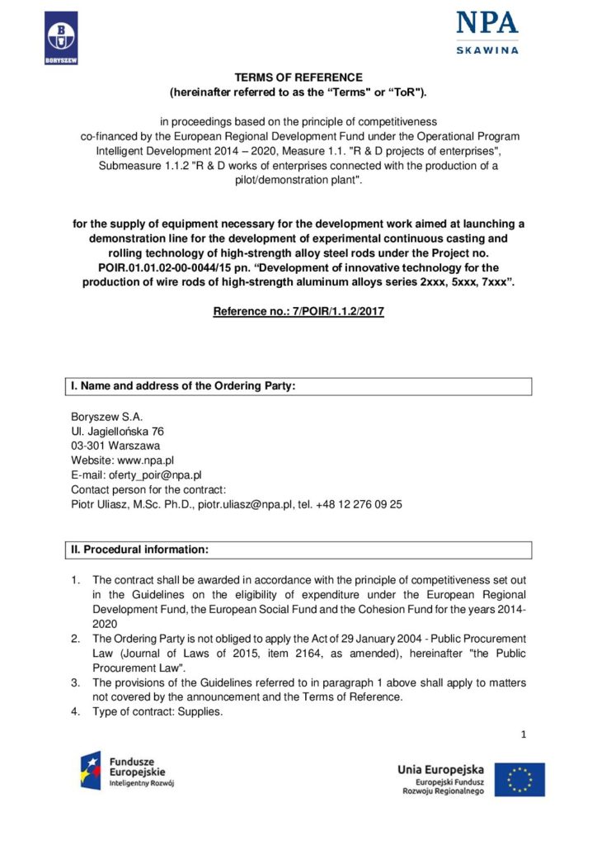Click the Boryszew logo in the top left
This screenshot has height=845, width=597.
[x=61, y=38]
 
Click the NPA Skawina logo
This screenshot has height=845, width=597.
[x=487, y=32]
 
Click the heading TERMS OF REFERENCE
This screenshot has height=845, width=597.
[x=298, y=78]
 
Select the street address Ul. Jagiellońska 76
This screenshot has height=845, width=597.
[x=117, y=432]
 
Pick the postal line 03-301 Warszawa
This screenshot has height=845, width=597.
[x=115, y=446]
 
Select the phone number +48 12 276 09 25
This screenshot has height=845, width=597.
[x=360, y=504]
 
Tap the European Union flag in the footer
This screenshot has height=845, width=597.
[x=519, y=780]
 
